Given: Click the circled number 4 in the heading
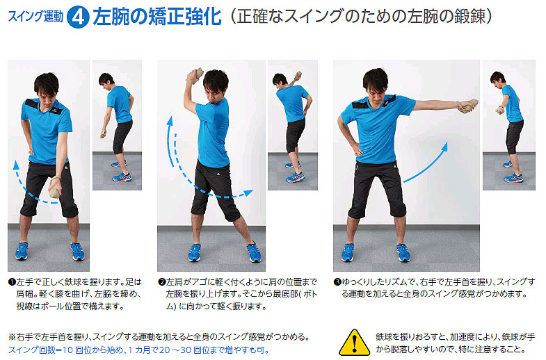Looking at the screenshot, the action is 78,17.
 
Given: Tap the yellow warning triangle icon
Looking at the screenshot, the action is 354,343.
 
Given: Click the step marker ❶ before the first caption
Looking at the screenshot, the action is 13,281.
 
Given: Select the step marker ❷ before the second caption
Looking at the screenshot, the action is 162,281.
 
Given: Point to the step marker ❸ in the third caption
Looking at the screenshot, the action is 337,281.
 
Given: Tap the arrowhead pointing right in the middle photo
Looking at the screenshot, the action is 248,193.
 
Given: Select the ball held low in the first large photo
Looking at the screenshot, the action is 56,189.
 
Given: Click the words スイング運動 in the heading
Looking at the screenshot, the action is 35,17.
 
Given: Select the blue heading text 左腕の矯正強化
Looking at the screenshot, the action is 157,17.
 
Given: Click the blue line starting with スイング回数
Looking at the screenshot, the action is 138,350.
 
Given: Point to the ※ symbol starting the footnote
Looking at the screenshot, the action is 13,336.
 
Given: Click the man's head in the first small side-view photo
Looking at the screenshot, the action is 106,79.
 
